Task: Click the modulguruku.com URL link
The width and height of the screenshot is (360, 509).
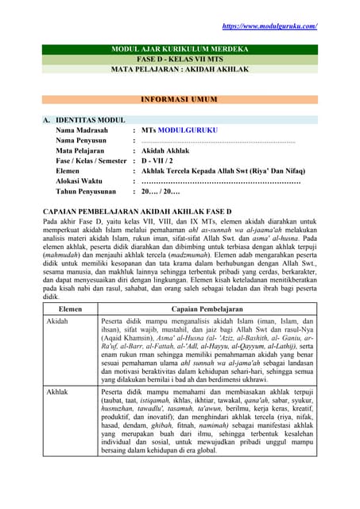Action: (x=269, y=26)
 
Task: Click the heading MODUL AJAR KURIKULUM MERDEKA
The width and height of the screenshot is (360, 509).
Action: (x=179, y=50)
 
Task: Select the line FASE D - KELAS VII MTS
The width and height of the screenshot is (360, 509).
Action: (x=179, y=60)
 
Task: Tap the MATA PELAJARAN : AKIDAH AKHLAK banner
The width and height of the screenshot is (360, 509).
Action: (x=179, y=70)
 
